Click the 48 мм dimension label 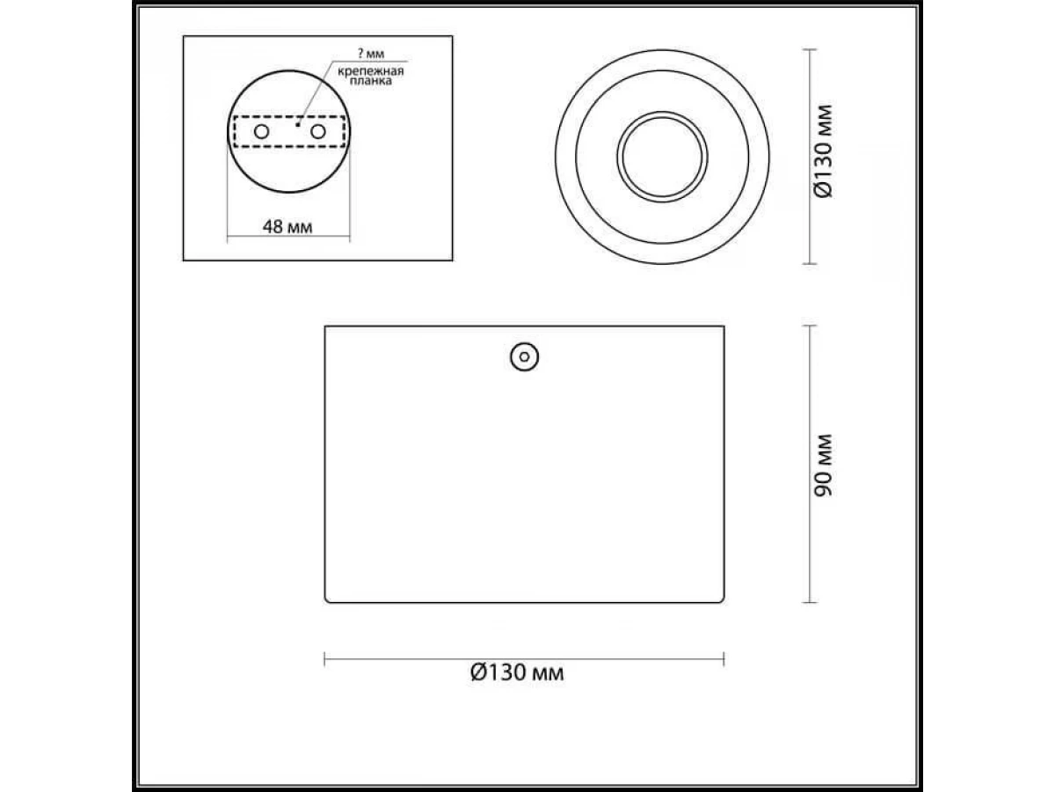[x=287, y=226]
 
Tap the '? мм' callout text [x=371, y=54]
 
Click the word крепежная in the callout [x=371, y=71]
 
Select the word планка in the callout [x=371, y=81]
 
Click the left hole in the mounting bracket [x=261, y=131]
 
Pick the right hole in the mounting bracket [x=318, y=131]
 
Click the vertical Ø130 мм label [x=823, y=150]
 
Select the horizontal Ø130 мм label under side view [x=517, y=672]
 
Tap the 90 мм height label [x=823, y=465]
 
